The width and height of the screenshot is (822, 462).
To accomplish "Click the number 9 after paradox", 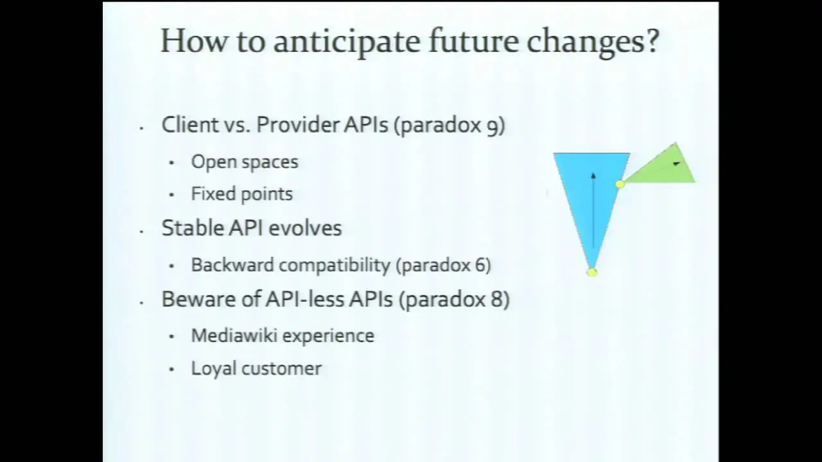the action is (492, 126).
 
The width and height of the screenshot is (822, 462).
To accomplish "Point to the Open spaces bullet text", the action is (245, 162).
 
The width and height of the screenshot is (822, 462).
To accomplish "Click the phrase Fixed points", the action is (242, 194).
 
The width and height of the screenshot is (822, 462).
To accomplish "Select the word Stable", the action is (193, 228).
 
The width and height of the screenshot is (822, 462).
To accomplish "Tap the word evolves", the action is (305, 228).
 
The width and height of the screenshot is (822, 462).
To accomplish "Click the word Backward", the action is (232, 265).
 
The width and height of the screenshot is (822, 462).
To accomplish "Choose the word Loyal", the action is (214, 368).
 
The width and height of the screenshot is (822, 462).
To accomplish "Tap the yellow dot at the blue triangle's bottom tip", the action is (592, 272).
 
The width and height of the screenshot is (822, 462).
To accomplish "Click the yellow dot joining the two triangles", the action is (620, 184).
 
